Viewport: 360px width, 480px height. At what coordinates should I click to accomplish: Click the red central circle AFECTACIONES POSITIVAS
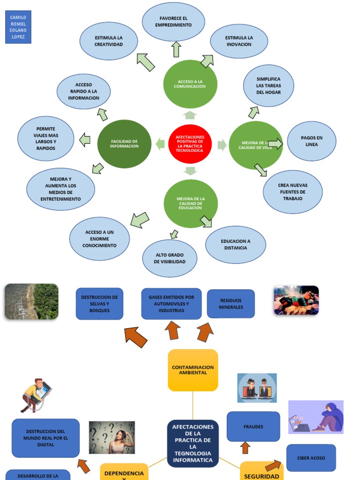click(x=190, y=144)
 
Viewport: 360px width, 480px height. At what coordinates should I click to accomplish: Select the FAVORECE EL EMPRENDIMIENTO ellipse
click(x=173, y=22)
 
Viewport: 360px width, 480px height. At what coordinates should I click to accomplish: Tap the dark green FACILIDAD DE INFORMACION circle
click(x=124, y=144)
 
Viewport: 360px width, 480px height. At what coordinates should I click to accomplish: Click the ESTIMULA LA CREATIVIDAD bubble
click(x=109, y=41)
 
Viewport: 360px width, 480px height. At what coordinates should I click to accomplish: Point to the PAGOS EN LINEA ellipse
click(x=311, y=141)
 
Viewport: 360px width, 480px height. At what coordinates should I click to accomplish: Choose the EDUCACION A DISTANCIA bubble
click(x=235, y=245)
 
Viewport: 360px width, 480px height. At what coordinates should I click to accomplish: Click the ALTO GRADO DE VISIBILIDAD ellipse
click(x=170, y=258)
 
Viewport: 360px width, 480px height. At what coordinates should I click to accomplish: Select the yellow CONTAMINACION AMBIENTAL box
click(x=193, y=370)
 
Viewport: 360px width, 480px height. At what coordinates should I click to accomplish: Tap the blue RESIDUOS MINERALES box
click(x=231, y=304)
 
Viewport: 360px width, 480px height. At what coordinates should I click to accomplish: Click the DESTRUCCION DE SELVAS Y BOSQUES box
click(x=99, y=304)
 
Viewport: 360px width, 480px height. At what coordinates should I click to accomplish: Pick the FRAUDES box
click(x=253, y=427)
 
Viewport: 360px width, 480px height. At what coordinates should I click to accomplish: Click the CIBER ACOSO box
click(x=311, y=458)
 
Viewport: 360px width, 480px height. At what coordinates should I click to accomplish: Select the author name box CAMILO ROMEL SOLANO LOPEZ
click(x=18, y=27)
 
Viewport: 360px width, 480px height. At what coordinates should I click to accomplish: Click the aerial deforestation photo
click(x=31, y=301)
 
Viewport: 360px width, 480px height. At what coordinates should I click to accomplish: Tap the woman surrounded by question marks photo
click(x=112, y=437)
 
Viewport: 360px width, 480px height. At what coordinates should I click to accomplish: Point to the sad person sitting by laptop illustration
click(x=315, y=417)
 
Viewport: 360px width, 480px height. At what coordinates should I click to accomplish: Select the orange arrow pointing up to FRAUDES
click(x=245, y=448)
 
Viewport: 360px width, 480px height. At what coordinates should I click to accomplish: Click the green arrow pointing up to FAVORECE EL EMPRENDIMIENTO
click(x=176, y=49)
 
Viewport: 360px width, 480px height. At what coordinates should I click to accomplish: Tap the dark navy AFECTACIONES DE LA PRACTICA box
click(x=193, y=443)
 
